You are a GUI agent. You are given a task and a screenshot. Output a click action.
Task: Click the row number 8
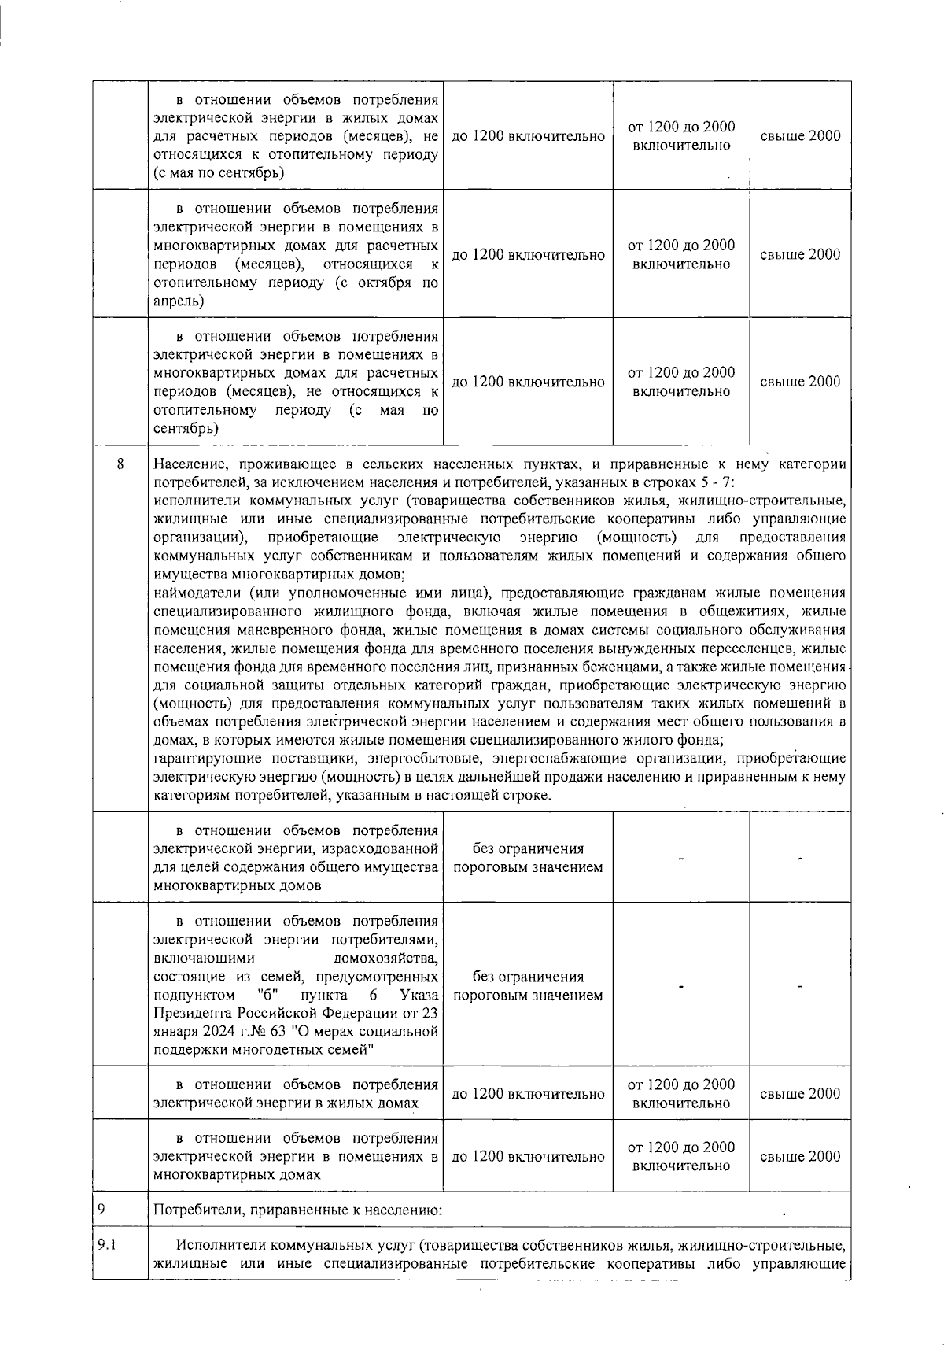120,464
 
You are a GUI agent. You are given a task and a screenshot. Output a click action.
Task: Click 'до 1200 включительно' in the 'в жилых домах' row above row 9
528,1094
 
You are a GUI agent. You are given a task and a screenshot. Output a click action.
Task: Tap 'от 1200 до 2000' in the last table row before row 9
681,1147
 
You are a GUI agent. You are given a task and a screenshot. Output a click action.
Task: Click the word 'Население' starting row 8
187,464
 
